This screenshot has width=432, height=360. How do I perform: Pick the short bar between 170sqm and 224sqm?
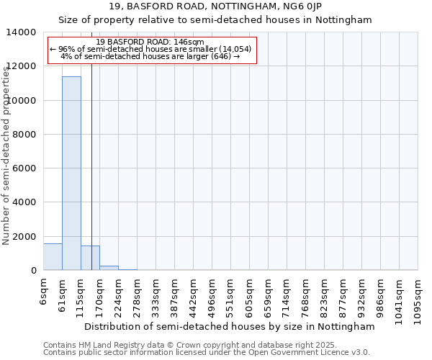pyautogui.click(x=109, y=268)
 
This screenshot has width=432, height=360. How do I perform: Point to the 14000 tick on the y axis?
pyautogui.click(x=24, y=32)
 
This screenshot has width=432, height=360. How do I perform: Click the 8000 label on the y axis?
pyautogui.click(x=27, y=135)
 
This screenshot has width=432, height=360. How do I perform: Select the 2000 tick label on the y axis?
pyautogui.click(x=27, y=237)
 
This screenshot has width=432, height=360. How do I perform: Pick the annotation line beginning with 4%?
pyautogui.click(x=150, y=55)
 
